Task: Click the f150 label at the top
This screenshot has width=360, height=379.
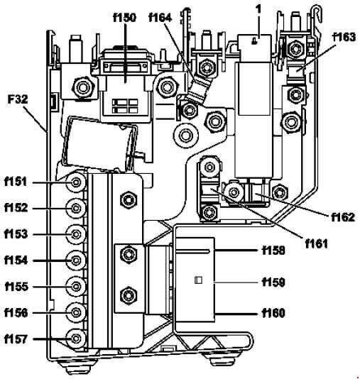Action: [x=124, y=18]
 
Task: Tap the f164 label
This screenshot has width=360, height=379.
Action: [x=160, y=18]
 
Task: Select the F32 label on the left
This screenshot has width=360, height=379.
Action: [x=18, y=99]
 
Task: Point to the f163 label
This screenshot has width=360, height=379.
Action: [x=344, y=37]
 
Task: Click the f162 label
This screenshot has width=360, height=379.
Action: [x=343, y=217]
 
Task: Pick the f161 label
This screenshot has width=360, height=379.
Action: [x=317, y=243]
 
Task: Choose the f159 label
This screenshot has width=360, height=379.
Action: [x=273, y=282]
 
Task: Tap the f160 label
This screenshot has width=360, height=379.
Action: [x=273, y=313]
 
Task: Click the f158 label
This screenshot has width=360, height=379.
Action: [x=273, y=251]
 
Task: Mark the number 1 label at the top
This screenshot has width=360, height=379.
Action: [x=258, y=10]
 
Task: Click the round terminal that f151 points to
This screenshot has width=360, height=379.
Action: [x=76, y=182]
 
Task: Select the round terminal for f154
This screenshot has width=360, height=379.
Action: [x=76, y=260]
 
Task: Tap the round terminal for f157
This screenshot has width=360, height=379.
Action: [x=76, y=339]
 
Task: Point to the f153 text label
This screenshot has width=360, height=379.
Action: [x=16, y=234]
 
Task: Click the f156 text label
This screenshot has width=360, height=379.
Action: [x=16, y=313]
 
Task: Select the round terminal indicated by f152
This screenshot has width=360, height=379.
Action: [x=76, y=208]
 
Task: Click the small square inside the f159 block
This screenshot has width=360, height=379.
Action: [x=198, y=280]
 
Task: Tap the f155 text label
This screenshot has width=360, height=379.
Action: [x=16, y=287]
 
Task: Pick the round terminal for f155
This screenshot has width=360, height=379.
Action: [x=76, y=287]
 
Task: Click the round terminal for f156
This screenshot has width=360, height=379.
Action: [x=76, y=312]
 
